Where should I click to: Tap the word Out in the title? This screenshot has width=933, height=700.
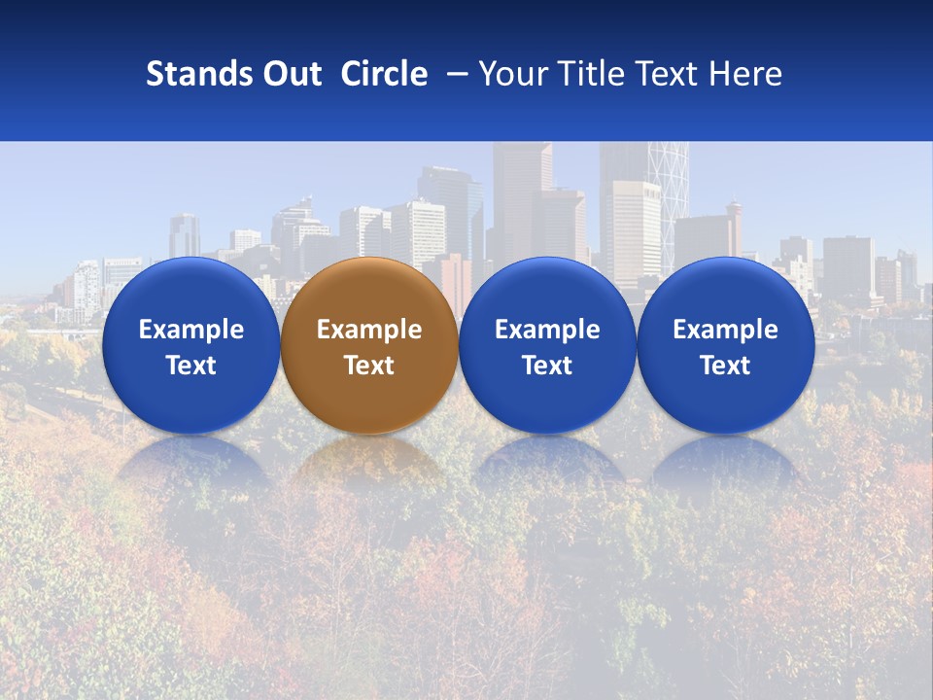[x=290, y=74]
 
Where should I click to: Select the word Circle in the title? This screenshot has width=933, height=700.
[x=384, y=74]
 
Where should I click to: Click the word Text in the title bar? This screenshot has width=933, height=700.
[x=669, y=74]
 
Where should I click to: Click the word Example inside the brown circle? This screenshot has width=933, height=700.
[x=368, y=330]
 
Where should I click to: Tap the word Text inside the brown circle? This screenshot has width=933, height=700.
[x=368, y=366]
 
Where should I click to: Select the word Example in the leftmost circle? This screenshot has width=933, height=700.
[x=190, y=330]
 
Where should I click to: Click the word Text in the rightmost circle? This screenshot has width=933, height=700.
[x=725, y=366]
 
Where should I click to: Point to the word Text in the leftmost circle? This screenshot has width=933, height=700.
[x=190, y=366]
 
